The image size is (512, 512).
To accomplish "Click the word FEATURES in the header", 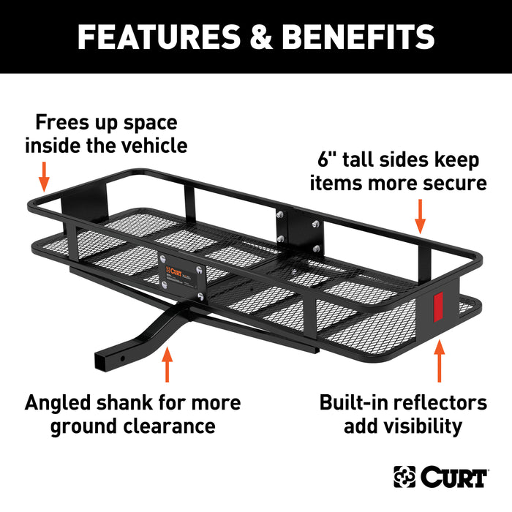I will tap(154, 37).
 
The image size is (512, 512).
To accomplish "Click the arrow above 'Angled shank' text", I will tap(168, 366).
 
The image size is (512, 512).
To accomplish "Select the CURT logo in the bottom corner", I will tap(440, 477).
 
